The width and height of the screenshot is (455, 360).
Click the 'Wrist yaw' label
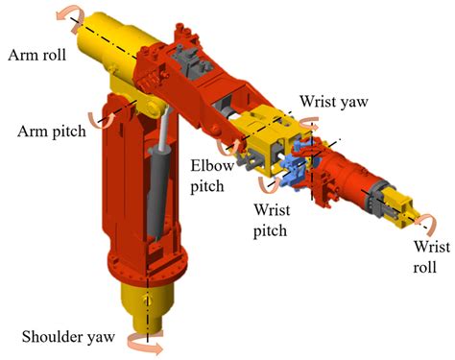click(331, 101)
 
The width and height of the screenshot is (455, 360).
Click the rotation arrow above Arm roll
click(68, 14)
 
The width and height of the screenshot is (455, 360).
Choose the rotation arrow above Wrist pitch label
click(267, 186)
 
